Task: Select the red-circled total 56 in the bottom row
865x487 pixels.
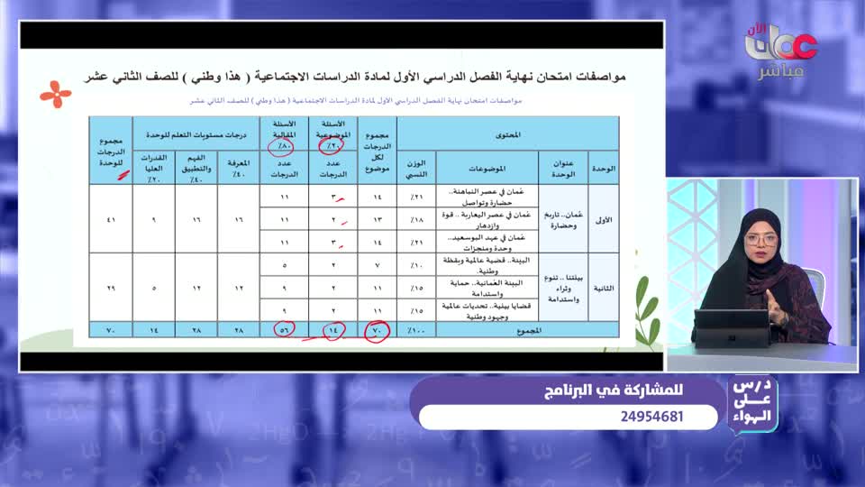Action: click(x=285, y=331)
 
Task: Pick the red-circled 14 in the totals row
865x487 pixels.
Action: click(x=332, y=331)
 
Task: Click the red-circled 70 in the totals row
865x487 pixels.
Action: click(x=377, y=331)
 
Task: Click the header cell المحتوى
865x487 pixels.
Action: click(x=507, y=133)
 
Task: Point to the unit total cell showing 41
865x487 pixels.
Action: click(x=111, y=219)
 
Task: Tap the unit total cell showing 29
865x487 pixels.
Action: click(x=111, y=289)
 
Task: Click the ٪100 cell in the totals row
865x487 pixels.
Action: click(x=417, y=331)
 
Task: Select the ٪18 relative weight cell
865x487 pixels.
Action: click(x=417, y=219)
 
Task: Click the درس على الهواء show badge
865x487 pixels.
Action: click(x=751, y=405)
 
